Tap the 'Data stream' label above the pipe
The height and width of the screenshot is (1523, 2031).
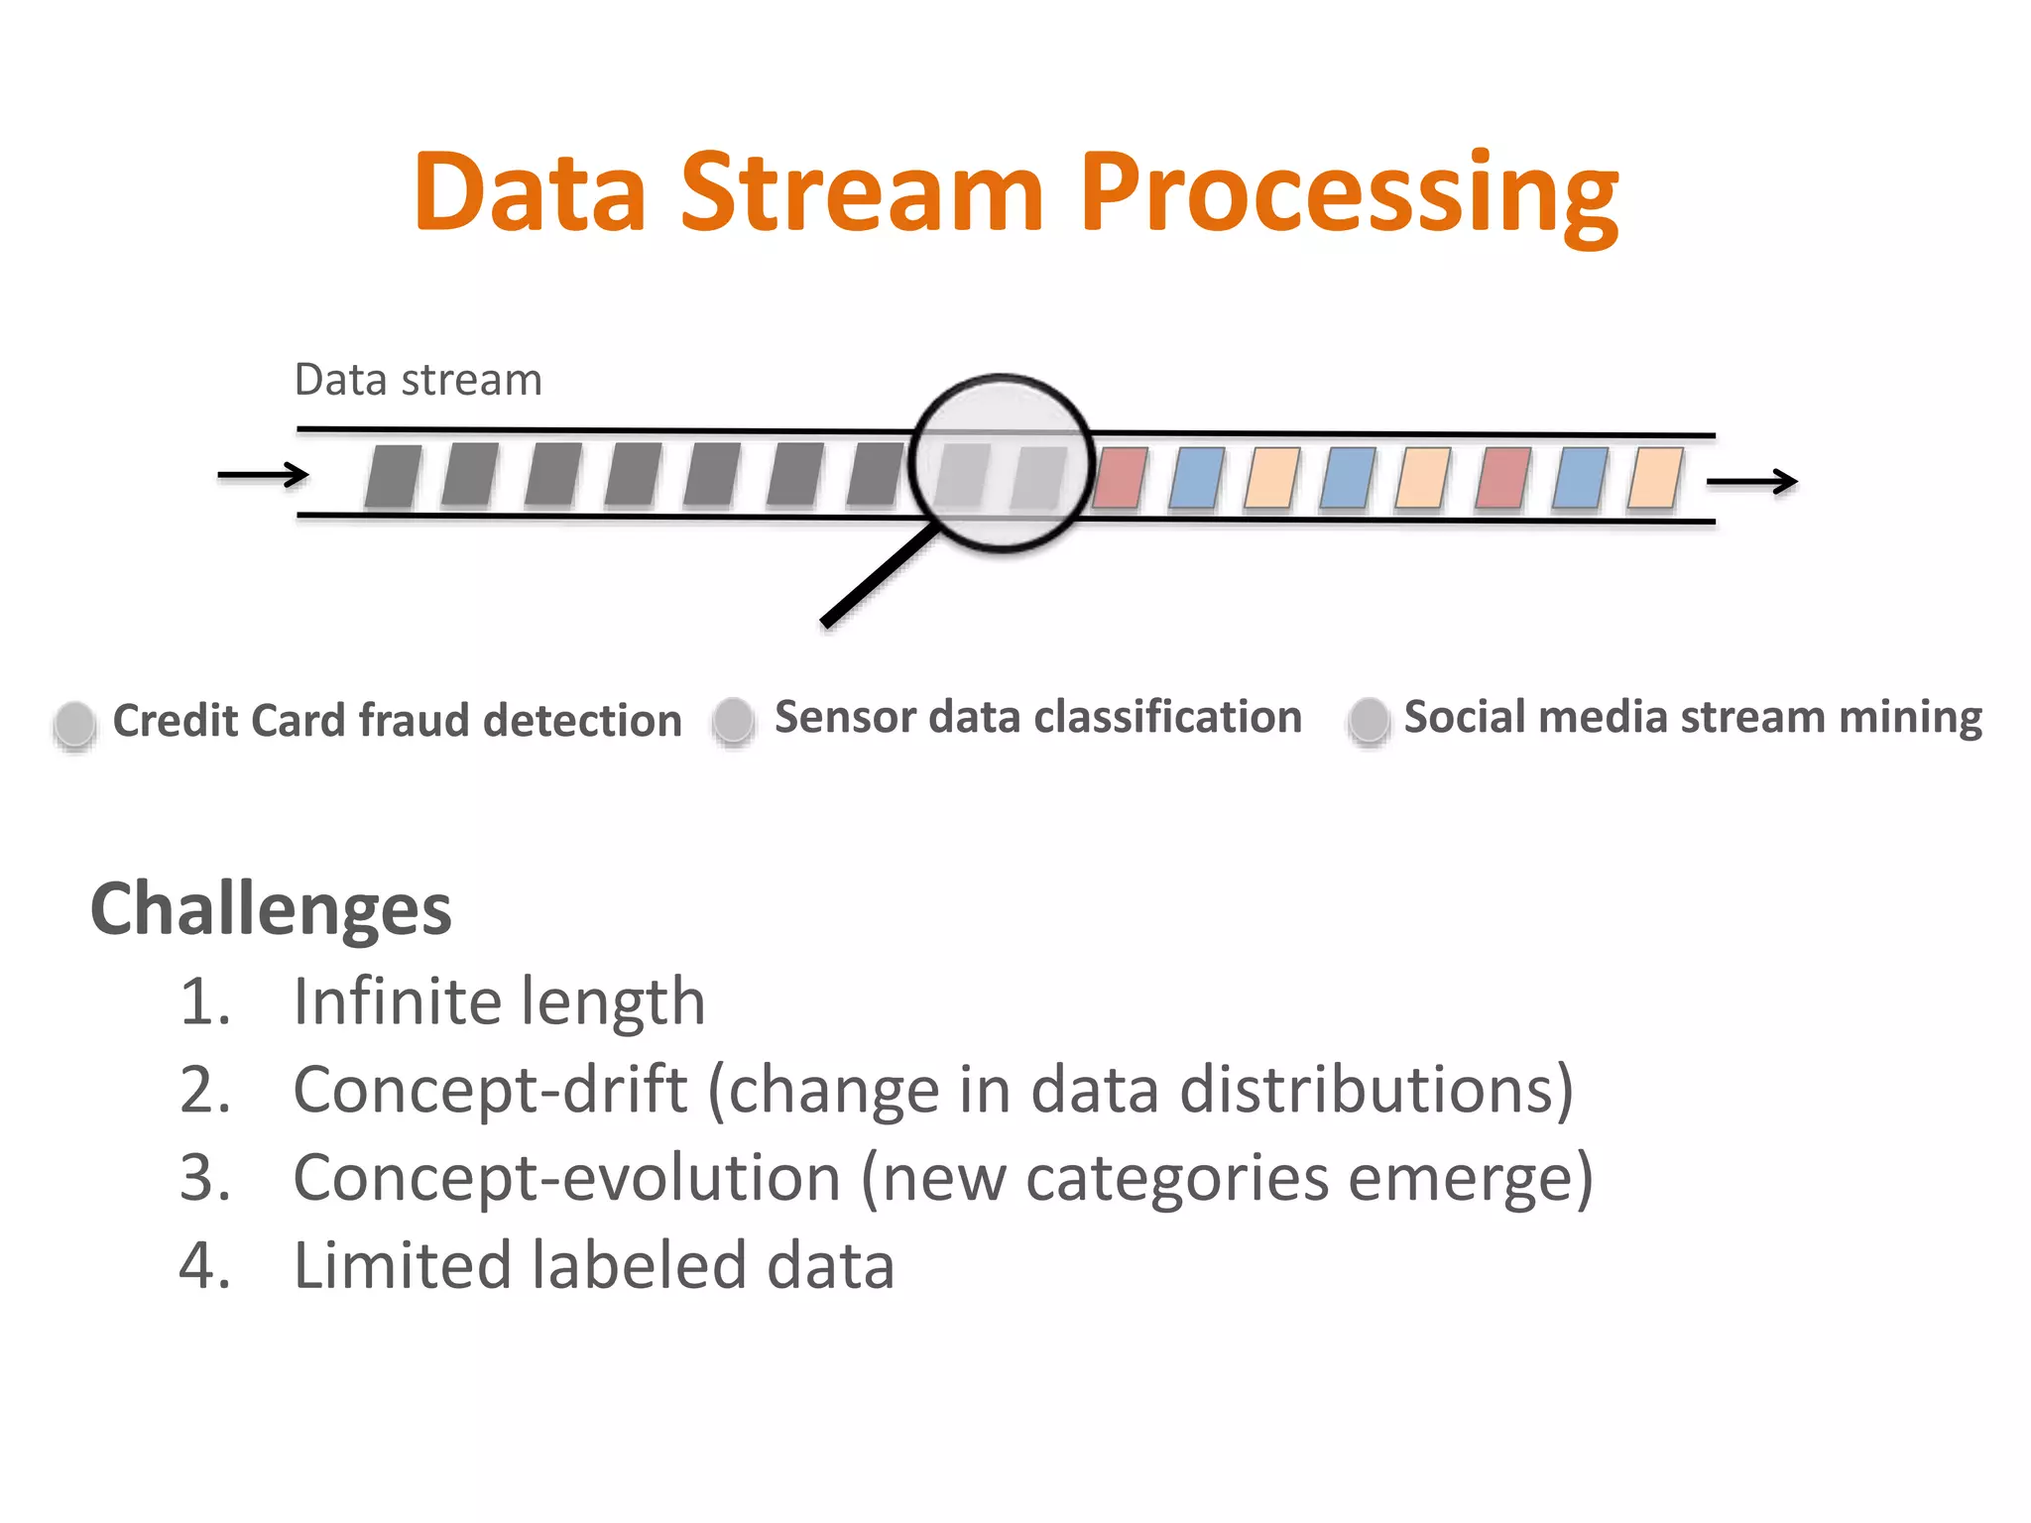418,380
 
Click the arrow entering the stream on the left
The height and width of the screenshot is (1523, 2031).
263,476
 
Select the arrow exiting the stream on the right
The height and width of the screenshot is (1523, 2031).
1751,482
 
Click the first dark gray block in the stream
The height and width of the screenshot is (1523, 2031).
393,476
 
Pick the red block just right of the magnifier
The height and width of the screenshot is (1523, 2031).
1120,478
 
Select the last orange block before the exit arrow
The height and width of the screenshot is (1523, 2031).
1654,478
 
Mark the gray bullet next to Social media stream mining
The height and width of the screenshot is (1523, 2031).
1369,719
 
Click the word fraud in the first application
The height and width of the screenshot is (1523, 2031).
414,721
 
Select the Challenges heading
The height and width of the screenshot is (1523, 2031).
271,909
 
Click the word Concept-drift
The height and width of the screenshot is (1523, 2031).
490,1090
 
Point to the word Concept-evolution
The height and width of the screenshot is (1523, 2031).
566,1178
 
